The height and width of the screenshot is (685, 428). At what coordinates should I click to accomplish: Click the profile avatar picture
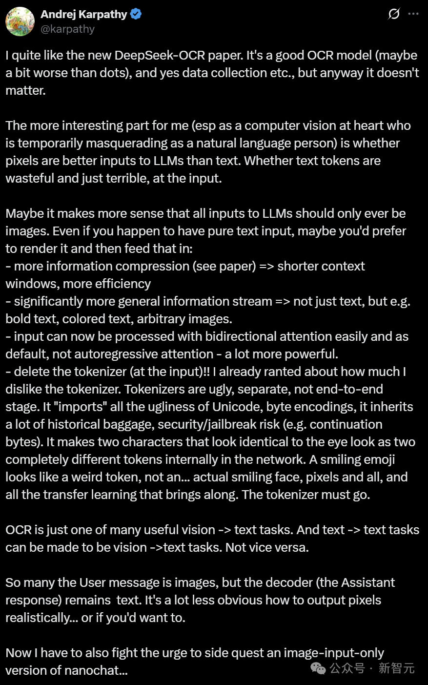coord(20,21)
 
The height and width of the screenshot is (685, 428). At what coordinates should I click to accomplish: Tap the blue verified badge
coord(136,14)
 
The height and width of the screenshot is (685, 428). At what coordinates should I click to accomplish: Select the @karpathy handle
coord(67,29)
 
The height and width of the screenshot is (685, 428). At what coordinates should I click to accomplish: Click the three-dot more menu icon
coord(413,14)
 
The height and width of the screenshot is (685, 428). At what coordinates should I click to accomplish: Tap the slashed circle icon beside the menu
coord(394,14)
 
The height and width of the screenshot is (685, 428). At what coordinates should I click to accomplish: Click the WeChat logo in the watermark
coord(319,668)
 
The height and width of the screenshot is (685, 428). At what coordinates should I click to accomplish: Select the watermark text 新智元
coord(396,668)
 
